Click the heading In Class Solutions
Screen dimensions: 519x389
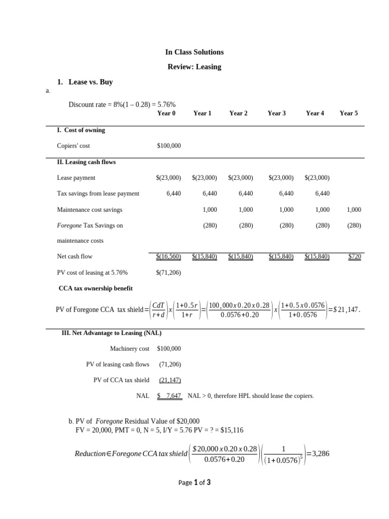(194, 52)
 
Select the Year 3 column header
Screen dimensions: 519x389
(277, 113)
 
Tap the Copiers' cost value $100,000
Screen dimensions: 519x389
(169, 146)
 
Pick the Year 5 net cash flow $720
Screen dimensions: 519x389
(355, 256)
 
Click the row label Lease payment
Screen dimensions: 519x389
(76, 178)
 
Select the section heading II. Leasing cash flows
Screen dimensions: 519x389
(86, 162)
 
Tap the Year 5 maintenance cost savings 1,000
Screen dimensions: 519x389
(354, 209)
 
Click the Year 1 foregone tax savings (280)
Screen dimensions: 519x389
(210, 226)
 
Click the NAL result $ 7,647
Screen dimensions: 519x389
(169, 396)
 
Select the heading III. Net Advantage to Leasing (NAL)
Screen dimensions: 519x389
(111, 333)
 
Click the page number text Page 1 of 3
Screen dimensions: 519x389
(194, 483)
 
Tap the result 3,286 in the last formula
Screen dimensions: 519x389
(321, 454)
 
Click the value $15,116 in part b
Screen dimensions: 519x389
(231, 430)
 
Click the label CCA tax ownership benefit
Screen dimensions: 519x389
(96, 288)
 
